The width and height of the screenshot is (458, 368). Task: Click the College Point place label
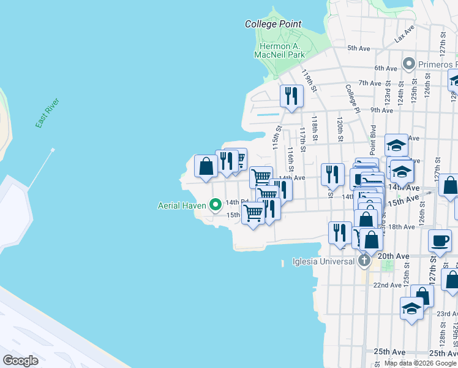click(x=273, y=24)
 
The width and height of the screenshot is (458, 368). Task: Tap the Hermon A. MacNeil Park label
click(x=279, y=50)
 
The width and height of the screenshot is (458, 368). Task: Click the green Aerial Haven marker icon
click(x=216, y=205)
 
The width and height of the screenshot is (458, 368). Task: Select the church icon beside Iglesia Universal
click(x=364, y=261)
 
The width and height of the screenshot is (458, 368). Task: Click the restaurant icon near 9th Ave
click(x=291, y=96)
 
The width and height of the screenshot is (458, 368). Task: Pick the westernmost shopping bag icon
click(x=205, y=166)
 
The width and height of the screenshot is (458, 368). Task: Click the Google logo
click(x=20, y=361)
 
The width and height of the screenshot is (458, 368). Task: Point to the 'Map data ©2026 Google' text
click(x=420, y=363)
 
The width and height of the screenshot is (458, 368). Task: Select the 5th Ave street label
click(x=359, y=48)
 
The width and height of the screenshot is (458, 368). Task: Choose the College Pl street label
click(x=351, y=99)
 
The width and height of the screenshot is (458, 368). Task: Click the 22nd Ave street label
click(x=387, y=285)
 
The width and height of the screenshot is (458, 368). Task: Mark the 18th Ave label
click(x=402, y=227)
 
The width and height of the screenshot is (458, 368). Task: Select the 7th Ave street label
click(x=370, y=83)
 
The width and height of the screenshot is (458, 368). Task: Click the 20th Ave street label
click(x=393, y=256)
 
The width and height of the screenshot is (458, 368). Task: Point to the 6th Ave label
click(x=386, y=68)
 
